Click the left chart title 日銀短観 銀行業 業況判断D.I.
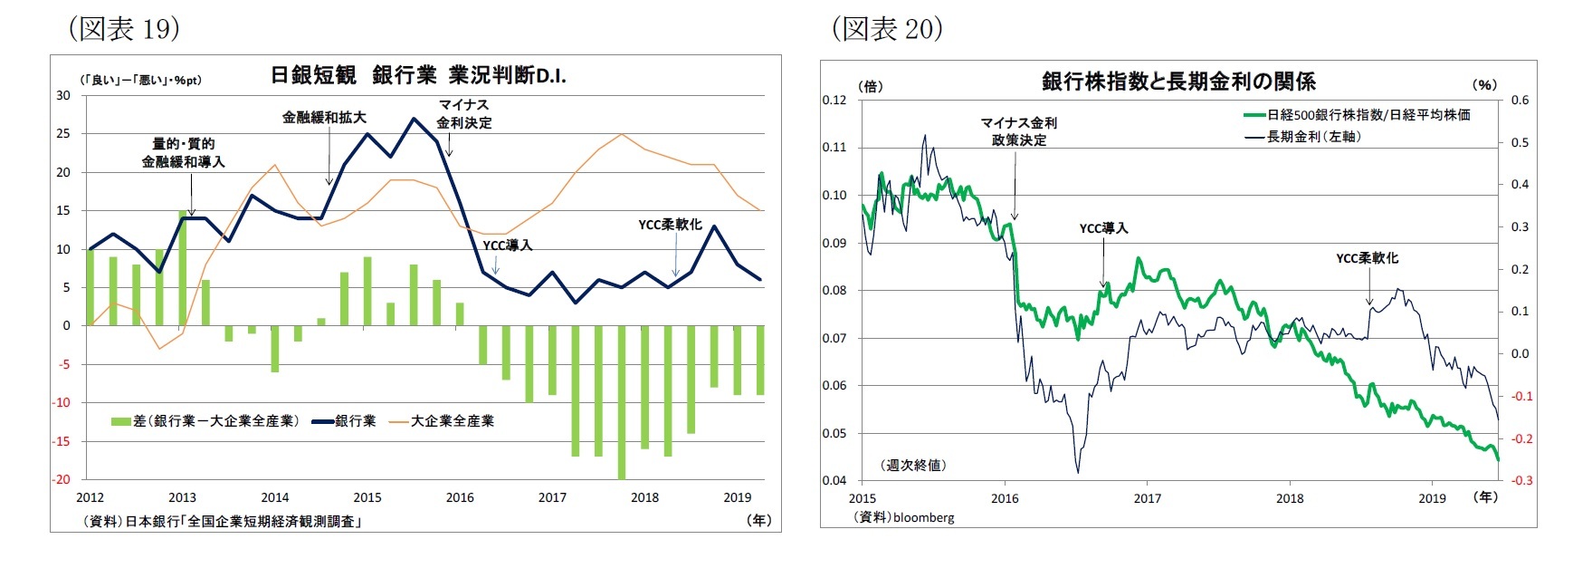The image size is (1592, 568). (x=417, y=75)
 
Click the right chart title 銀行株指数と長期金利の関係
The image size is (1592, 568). (x=1178, y=82)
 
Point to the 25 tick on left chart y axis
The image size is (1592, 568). (x=63, y=134)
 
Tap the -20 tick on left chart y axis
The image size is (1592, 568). (x=61, y=480)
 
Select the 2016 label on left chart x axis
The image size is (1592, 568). (x=460, y=497)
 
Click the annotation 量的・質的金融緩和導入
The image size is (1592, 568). (x=183, y=153)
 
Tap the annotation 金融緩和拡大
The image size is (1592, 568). (x=324, y=118)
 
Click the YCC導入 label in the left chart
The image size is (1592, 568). (x=507, y=245)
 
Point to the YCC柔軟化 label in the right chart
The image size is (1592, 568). (x=1367, y=258)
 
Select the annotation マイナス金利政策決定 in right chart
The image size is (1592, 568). (x=1018, y=131)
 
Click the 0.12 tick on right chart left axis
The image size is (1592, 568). (x=834, y=101)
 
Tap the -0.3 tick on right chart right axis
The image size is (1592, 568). (x=1521, y=481)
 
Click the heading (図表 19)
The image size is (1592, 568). (x=124, y=28)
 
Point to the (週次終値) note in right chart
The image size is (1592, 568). (x=913, y=465)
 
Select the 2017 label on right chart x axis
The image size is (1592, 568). (x=1147, y=498)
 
